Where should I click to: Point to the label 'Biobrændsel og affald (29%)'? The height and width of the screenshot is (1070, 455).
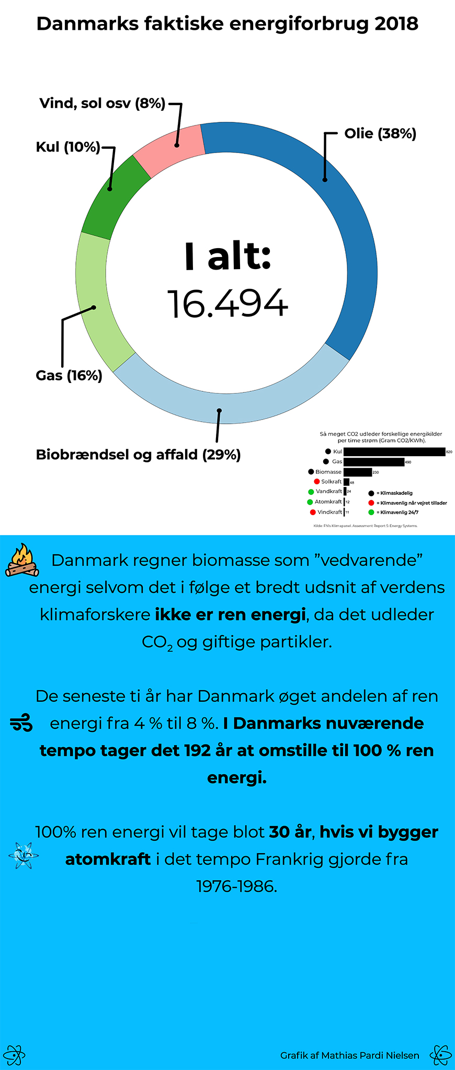(x=138, y=455)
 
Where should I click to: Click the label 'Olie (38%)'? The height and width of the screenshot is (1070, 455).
(x=380, y=134)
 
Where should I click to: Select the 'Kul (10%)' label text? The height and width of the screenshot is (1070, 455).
(x=67, y=147)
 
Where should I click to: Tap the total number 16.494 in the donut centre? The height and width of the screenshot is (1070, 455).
(x=227, y=304)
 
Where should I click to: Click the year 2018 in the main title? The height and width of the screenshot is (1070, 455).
(x=396, y=24)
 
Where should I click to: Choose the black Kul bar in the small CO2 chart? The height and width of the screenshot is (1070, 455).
(x=394, y=451)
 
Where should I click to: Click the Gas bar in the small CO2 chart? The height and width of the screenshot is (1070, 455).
(x=373, y=462)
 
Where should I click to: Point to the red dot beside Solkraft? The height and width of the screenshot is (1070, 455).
(x=317, y=482)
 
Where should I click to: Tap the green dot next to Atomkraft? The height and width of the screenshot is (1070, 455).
(x=310, y=502)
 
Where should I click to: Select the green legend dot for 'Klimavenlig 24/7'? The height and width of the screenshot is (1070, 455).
(x=371, y=513)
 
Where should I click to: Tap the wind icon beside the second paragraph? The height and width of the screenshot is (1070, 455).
(x=21, y=723)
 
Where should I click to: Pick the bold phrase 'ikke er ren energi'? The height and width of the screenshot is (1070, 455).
(x=230, y=614)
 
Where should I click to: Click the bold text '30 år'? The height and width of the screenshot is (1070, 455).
(x=290, y=832)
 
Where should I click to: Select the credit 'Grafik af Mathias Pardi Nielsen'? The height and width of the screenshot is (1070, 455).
(x=349, y=1055)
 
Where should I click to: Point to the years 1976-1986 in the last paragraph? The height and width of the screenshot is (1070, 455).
(x=236, y=886)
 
